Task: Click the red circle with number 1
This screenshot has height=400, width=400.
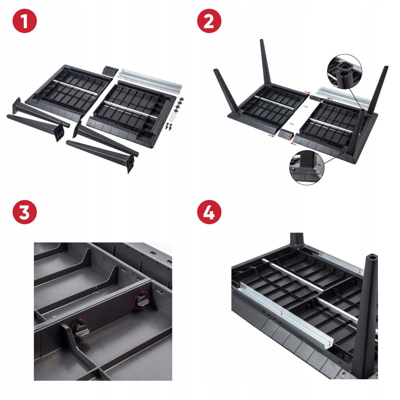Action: click(25, 21)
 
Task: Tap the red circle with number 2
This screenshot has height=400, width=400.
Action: click(209, 21)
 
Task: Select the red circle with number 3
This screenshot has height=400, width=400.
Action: click(25, 212)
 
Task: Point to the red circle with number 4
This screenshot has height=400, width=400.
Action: click(209, 212)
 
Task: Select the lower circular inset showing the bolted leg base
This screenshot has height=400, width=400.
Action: click(307, 168)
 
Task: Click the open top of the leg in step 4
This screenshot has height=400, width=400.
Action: click(372, 257)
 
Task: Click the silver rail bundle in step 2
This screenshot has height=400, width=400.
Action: click(343, 96)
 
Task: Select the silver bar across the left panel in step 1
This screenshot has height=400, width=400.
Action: click(75, 87)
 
